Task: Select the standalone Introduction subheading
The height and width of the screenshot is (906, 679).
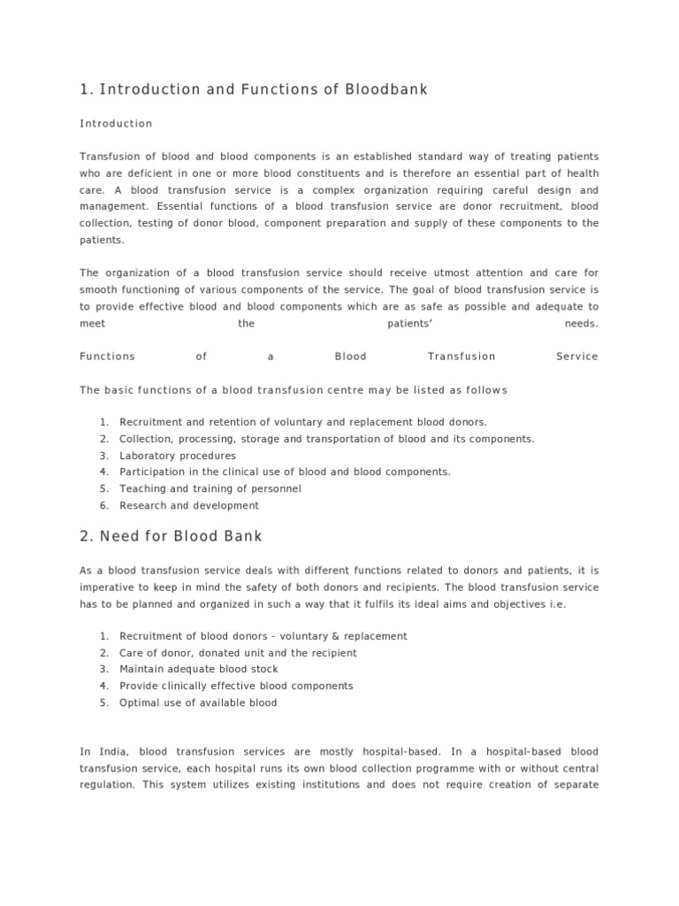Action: click(116, 124)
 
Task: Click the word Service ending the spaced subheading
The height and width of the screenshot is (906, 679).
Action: click(576, 357)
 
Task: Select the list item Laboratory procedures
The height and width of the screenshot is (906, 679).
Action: click(178, 456)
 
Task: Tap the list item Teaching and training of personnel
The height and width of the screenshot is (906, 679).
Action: click(210, 488)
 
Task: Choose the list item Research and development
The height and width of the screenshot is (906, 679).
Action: click(189, 505)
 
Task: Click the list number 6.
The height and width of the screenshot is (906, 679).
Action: click(103, 505)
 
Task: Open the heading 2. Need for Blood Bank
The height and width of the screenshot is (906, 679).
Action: click(171, 537)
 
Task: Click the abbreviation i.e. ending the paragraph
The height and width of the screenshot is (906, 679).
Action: click(591, 604)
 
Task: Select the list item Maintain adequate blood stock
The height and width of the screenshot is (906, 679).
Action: click(199, 669)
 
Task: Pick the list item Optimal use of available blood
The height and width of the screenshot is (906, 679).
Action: click(198, 703)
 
